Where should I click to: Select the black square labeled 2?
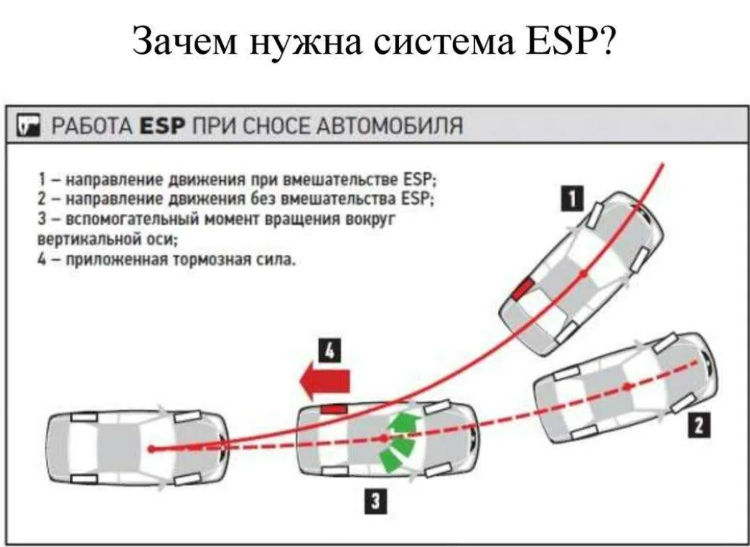click(x=695, y=426)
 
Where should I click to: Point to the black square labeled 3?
click(x=374, y=502)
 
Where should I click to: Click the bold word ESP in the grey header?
click(x=163, y=128)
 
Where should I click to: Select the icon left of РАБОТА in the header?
click(x=28, y=128)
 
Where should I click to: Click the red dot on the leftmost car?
click(x=152, y=449)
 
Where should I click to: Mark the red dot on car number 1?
click(x=585, y=273)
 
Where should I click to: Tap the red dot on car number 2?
click(x=628, y=387)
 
